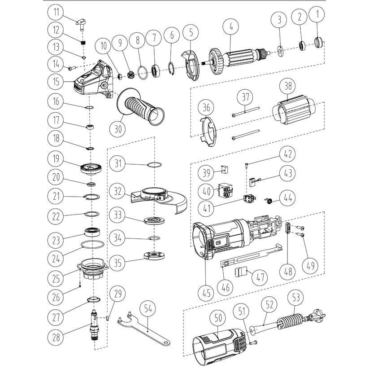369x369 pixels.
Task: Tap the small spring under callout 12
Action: coord(83,43)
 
